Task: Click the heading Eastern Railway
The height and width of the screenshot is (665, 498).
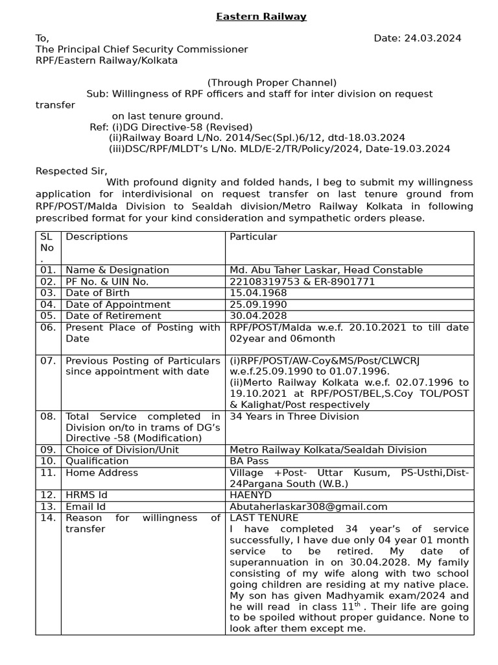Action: (261, 16)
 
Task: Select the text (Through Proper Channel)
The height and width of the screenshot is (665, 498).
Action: (272, 82)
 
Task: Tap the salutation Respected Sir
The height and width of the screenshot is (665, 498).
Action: (71, 171)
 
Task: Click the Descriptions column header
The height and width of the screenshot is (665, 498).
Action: (97, 237)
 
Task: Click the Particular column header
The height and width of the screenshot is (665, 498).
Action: (253, 237)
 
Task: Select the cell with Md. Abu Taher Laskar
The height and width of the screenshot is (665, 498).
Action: (326, 270)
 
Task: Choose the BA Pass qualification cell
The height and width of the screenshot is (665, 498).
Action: (249, 461)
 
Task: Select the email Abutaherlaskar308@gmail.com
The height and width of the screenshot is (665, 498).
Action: (309, 507)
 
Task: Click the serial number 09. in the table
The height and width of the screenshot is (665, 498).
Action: (48, 449)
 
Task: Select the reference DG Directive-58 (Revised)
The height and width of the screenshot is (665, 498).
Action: (182, 127)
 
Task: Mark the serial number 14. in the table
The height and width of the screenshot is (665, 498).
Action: (48, 518)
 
